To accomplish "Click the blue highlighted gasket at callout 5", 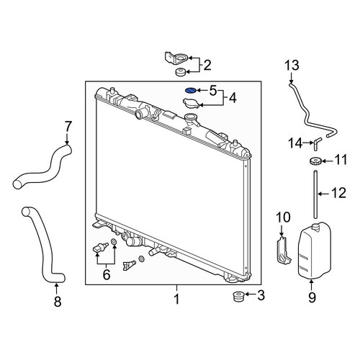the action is (192, 91).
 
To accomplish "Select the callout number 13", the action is (292, 66).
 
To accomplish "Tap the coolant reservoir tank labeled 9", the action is (315, 251).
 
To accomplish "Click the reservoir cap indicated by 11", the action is (315, 161).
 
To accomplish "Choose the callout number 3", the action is (261, 295).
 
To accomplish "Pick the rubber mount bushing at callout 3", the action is (239, 297).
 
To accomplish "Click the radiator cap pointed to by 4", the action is (192, 103).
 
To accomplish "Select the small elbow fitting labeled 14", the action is (317, 143).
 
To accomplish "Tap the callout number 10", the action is (283, 217).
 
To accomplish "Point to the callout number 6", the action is (107, 274).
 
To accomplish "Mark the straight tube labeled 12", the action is (315, 194).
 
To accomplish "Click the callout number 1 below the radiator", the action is (176, 299).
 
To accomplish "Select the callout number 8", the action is (58, 302).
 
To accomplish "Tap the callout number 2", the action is (207, 65).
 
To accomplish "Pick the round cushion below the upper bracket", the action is (181, 72).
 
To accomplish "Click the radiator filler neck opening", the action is (190, 117).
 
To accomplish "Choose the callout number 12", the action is (338, 193).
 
